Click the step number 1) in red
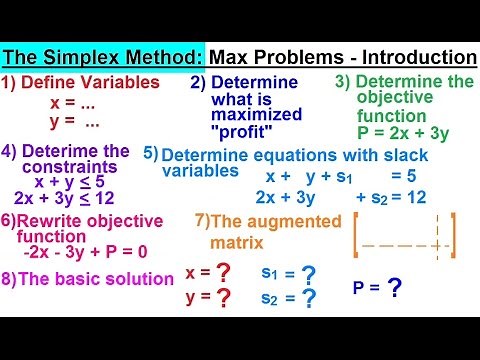[12, 81]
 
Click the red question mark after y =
[224, 297]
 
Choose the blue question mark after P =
[396, 288]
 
